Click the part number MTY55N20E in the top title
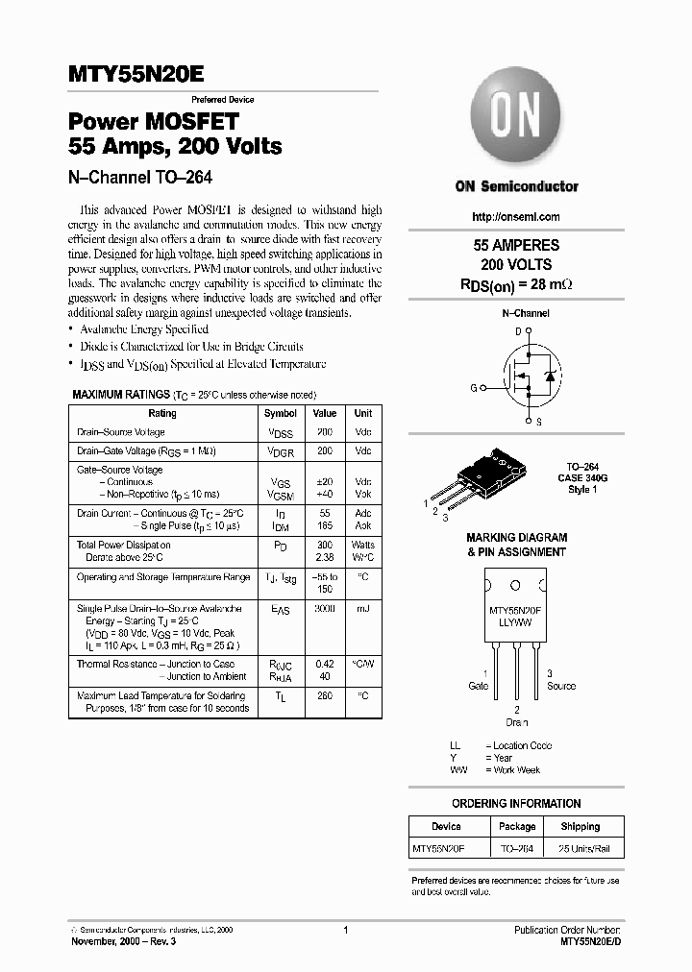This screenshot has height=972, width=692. click(135, 77)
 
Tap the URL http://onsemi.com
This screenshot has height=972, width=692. click(516, 217)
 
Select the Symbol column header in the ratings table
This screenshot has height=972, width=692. click(281, 413)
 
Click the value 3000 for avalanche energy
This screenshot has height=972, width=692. click(325, 609)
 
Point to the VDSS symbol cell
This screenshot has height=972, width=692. click(281, 433)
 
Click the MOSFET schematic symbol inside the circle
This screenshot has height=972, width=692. click(528, 376)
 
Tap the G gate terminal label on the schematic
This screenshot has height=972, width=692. click(473, 388)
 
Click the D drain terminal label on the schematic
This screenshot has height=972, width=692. click(517, 331)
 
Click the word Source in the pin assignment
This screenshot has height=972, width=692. click(561, 686)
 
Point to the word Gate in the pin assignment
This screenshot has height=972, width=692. click(478, 686)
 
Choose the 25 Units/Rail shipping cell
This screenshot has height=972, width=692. click(580, 848)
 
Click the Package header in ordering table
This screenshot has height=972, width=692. click(517, 826)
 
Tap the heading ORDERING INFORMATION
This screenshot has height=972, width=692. click(516, 803)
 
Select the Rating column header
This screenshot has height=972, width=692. click(162, 413)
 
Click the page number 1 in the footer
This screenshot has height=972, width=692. click(345, 930)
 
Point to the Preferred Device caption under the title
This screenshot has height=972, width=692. click(222, 100)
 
